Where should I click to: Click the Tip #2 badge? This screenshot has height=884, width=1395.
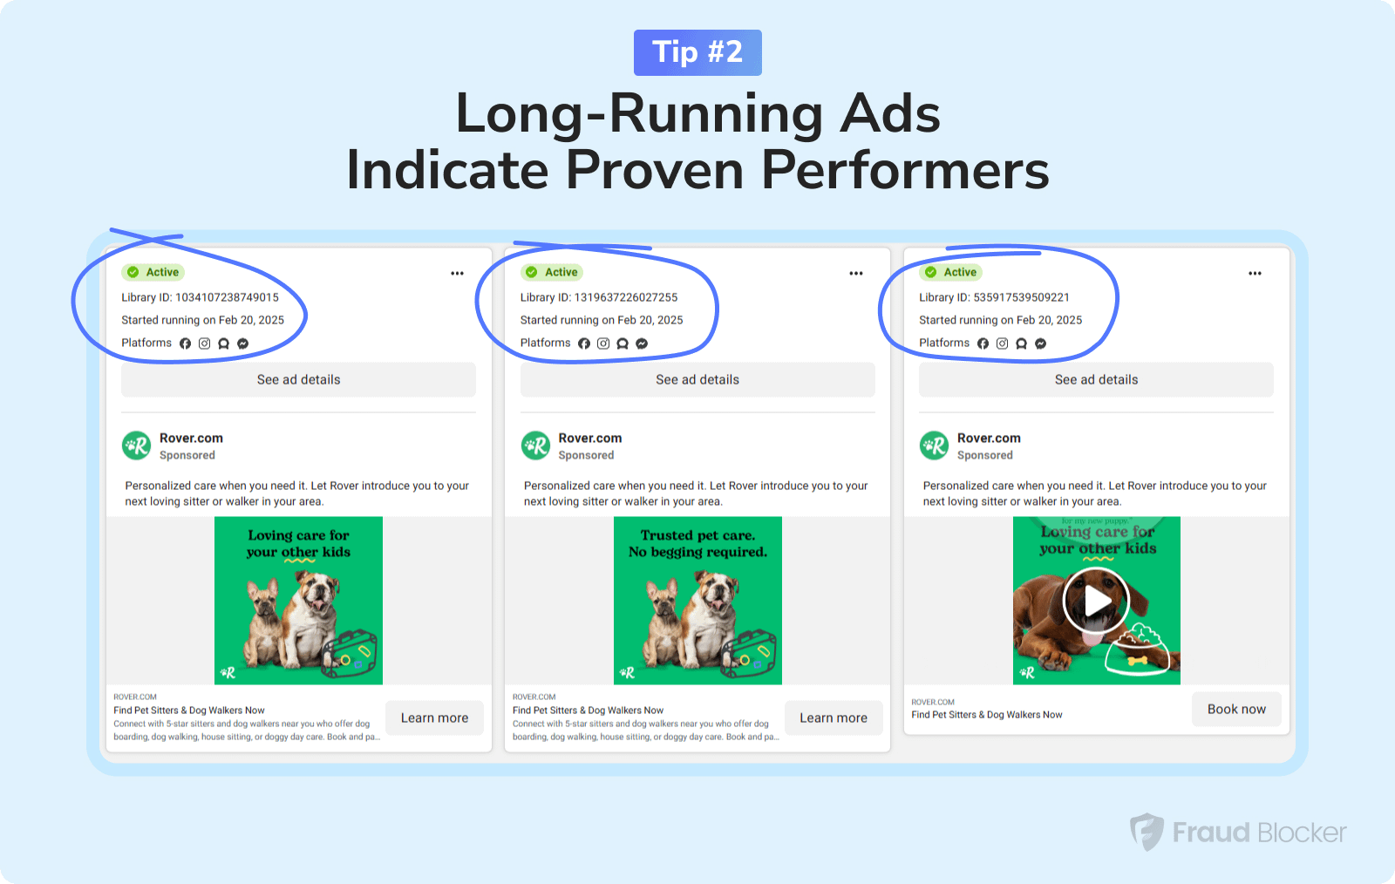(x=697, y=52)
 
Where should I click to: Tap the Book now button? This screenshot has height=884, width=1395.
(x=1236, y=709)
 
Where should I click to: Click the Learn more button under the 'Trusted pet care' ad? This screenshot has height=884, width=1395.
(x=834, y=717)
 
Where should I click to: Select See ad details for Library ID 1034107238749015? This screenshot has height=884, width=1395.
(x=298, y=380)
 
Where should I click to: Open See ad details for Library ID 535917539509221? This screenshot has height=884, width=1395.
(x=1096, y=380)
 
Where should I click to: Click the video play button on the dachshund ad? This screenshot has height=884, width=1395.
(x=1096, y=601)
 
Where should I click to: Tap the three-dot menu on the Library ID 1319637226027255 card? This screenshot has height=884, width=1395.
(x=856, y=273)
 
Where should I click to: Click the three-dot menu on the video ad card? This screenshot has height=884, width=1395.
(x=1255, y=273)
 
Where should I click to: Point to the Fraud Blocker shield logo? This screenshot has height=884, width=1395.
(x=1147, y=832)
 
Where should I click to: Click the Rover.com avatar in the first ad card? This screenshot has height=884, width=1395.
(x=136, y=445)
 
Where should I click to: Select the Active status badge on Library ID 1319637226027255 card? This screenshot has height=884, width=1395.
(x=553, y=272)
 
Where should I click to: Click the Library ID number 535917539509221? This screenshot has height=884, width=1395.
(x=1021, y=297)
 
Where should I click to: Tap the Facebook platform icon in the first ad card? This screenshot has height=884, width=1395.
(x=185, y=343)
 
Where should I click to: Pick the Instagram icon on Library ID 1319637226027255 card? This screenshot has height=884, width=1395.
(x=602, y=343)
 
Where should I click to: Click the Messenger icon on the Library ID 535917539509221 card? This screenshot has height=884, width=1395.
(x=1041, y=343)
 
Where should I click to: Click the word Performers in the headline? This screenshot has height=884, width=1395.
(x=905, y=171)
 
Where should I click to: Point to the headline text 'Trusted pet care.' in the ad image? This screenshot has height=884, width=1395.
(x=697, y=535)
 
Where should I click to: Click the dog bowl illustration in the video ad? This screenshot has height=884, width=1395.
(x=1137, y=650)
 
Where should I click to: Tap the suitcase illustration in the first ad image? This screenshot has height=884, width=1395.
(x=350, y=654)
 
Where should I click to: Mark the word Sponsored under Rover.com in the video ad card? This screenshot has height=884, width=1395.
(x=984, y=455)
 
